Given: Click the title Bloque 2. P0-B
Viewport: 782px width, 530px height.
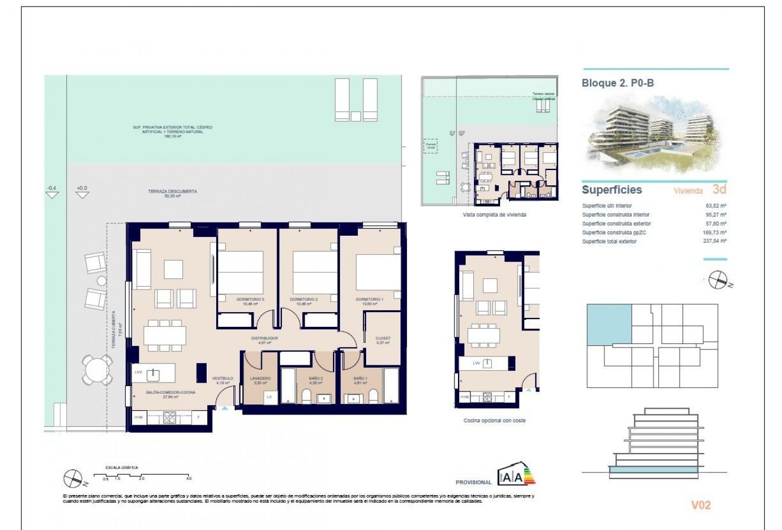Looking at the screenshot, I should (x=618, y=83).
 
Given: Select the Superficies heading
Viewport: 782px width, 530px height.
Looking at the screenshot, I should (x=611, y=190).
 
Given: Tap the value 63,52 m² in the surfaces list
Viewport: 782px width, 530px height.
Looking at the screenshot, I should (x=716, y=206).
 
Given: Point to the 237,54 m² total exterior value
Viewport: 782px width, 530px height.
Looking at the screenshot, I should (x=715, y=242).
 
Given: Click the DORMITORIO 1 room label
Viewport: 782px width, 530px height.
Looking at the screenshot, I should (x=370, y=300).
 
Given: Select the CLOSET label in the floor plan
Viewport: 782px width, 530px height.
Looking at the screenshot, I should (x=383, y=338).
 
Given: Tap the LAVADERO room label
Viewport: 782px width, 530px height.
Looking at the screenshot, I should (x=260, y=378).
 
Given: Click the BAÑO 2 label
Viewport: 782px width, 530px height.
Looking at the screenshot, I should (x=315, y=378).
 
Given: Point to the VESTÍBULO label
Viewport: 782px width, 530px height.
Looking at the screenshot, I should (x=223, y=378).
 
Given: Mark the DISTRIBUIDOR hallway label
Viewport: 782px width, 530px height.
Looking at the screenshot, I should (x=264, y=338).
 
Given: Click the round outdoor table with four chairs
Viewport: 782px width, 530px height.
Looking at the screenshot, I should (x=95, y=371).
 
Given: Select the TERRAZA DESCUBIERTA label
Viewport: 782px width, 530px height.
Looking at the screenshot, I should (x=172, y=192).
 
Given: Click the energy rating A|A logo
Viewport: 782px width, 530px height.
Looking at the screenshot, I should (x=517, y=475).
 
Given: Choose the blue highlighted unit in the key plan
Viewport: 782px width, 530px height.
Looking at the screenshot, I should (x=608, y=324).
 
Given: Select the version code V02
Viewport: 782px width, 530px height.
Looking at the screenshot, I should (x=701, y=505).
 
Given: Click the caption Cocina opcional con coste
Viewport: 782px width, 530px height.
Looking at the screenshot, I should (x=494, y=420).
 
